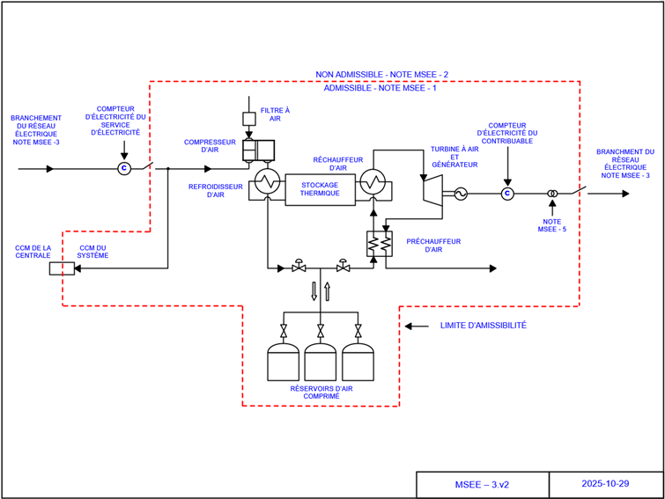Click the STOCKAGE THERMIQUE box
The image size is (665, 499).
point(320,189)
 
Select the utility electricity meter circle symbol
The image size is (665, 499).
point(124,168)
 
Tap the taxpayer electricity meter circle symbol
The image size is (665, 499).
point(506,194)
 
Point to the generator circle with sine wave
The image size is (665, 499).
point(460,194)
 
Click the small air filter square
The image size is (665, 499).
point(248,118)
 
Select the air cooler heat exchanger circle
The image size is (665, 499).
point(265,183)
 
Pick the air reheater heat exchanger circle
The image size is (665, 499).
point(374,183)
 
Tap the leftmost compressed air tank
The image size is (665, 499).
point(283,362)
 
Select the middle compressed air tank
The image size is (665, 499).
point(321,362)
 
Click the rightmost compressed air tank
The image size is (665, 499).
point(358,362)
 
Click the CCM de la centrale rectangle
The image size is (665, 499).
point(61,268)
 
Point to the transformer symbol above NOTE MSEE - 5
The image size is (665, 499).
point(552,194)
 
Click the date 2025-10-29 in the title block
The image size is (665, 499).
point(605,484)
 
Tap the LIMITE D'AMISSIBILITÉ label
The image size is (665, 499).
point(483,326)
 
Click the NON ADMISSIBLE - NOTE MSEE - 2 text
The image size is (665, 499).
point(382,75)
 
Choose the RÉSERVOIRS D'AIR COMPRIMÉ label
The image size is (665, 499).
point(321,393)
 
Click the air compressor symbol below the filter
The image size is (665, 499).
point(258,150)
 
